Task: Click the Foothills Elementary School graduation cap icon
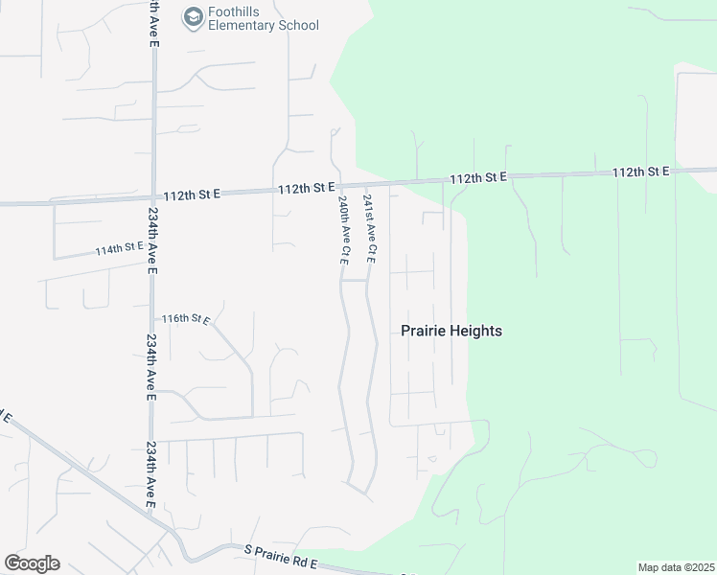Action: [194, 16]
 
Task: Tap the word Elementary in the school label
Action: [243, 26]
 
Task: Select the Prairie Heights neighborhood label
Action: [451, 331]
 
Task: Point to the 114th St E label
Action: [119, 249]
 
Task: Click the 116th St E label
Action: [185, 318]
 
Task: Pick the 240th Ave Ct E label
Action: [342, 231]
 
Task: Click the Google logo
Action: [32, 563]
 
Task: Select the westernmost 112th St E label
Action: [192, 193]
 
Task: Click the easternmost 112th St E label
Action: [641, 172]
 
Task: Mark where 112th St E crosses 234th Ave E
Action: [153, 195]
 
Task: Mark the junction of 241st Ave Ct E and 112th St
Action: [362, 185]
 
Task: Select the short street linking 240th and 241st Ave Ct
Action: [355, 281]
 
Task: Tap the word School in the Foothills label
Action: [296, 26]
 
